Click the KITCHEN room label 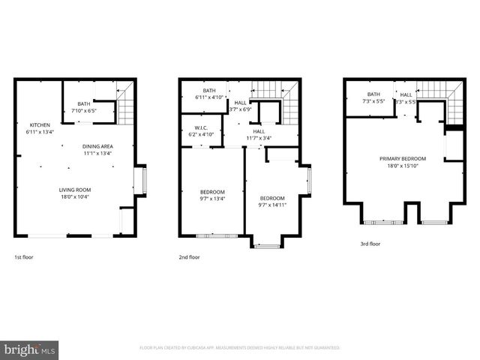point(40,124)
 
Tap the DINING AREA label point(97,146)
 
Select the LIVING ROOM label point(76,190)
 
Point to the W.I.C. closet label point(200,127)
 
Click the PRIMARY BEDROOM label point(403,158)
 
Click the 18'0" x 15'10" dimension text point(403,166)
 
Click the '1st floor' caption point(24,257)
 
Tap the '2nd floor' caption point(189,257)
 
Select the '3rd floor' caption point(370,244)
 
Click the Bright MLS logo point(30,349)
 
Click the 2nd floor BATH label point(208,90)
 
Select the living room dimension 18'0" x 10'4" point(76,197)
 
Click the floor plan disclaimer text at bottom point(240,348)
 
